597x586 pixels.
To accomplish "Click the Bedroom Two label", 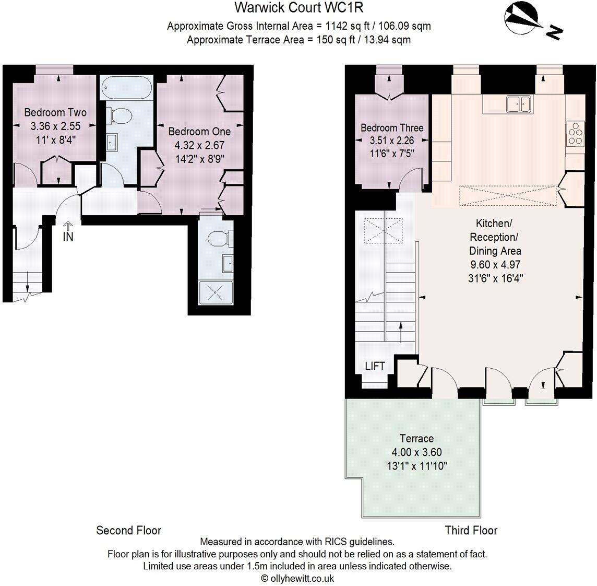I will point(55,112).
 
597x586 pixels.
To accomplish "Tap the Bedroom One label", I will point(199,132).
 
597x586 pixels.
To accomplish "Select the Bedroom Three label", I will point(392,128).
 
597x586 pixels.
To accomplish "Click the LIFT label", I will point(375,366).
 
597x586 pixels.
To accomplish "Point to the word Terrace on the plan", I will point(416,438).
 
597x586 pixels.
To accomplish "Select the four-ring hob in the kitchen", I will point(576,133).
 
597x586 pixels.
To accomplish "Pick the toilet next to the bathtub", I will point(117,115).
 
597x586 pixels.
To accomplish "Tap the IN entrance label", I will point(68,236).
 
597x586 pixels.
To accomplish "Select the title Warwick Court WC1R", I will point(298,8).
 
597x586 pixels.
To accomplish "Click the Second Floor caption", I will point(128,530).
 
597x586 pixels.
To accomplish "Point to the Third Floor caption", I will point(471,530).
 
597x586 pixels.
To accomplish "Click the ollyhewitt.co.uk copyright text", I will point(297,578).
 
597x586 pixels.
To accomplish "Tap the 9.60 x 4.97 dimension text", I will point(495,265).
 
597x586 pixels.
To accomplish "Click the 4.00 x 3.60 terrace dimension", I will point(416,452).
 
